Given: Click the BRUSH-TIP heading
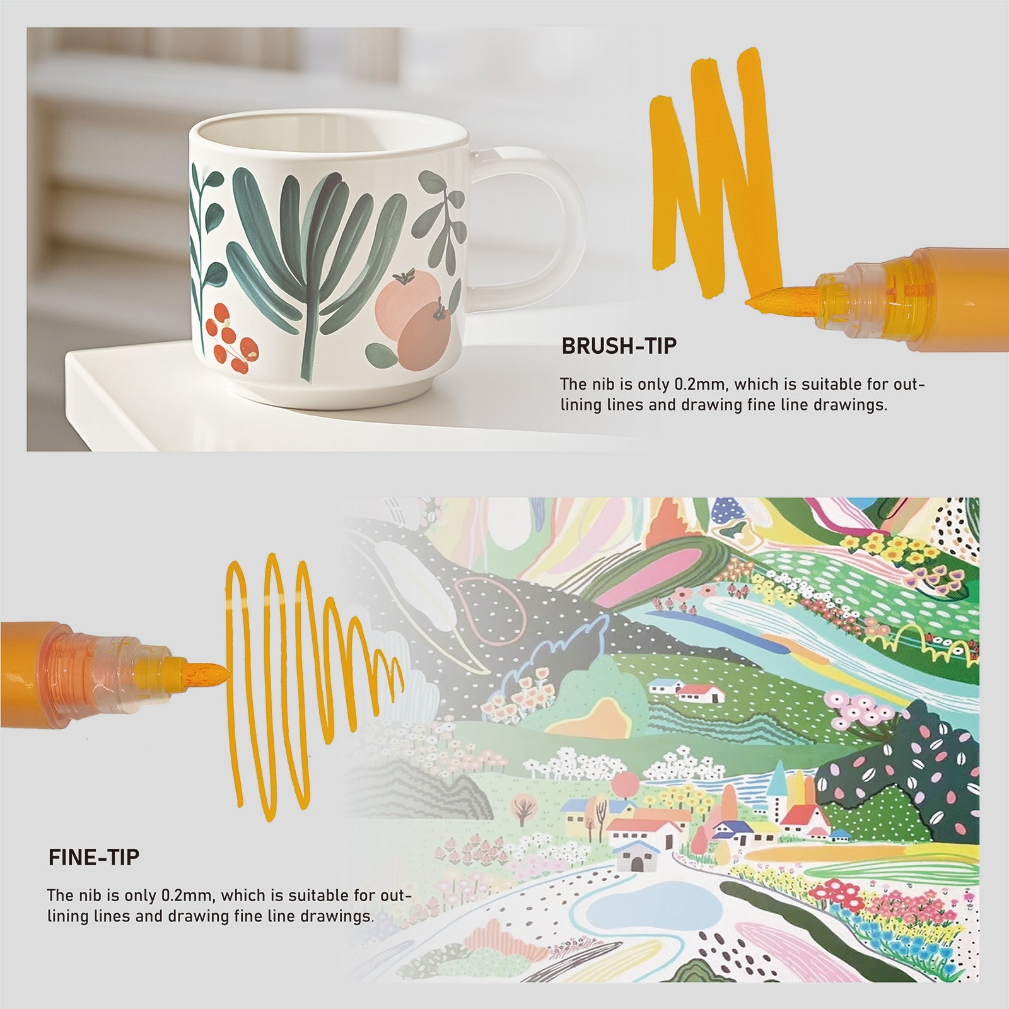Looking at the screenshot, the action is coord(619,346).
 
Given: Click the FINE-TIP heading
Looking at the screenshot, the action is coord(94,858).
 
